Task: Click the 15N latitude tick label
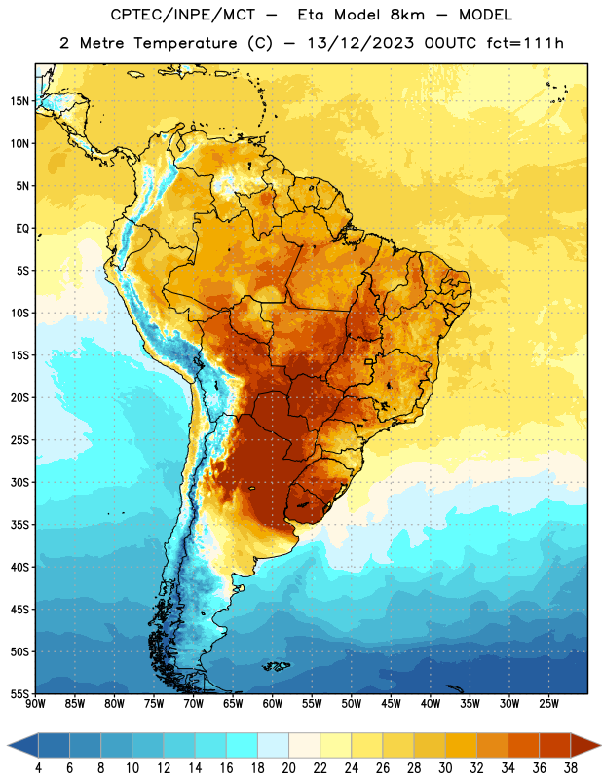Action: [x=19, y=101]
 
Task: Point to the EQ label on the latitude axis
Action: [x=22, y=229]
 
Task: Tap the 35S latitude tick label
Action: [x=19, y=525]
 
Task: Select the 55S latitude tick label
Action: [x=19, y=694]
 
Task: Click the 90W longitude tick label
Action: [x=35, y=704]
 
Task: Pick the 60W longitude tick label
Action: [x=273, y=704]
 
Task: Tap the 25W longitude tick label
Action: [x=548, y=704]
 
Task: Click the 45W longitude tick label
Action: [x=391, y=704]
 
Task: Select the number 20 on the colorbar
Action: [x=288, y=768]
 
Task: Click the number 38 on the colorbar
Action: [x=571, y=768]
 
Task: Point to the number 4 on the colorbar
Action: [x=38, y=768]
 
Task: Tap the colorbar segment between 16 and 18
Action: [x=243, y=745]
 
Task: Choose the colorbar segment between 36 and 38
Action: [x=555, y=745]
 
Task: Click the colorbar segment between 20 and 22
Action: [x=305, y=745]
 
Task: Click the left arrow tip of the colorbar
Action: [x=8, y=745]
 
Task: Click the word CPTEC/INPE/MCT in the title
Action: [x=182, y=15]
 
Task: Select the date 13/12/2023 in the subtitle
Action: [x=360, y=43]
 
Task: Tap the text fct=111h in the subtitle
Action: [x=525, y=43]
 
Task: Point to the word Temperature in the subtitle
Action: [x=185, y=43]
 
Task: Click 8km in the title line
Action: [x=407, y=15]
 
